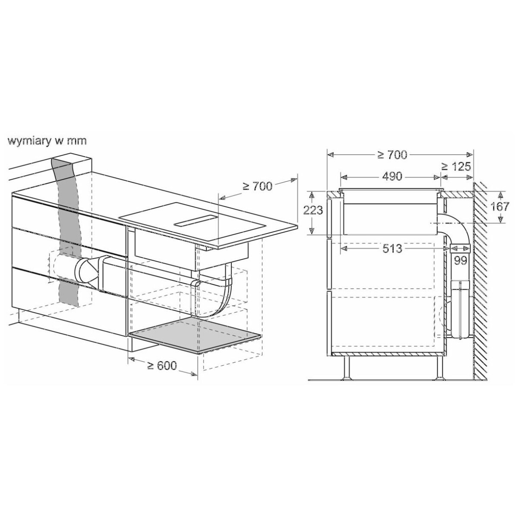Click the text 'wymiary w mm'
[47, 141]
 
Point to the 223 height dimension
[313, 211]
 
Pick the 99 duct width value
[460, 260]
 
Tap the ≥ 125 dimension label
[456, 167]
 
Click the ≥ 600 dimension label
[162, 365]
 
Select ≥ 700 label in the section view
[392, 155]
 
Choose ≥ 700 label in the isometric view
[258, 186]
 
